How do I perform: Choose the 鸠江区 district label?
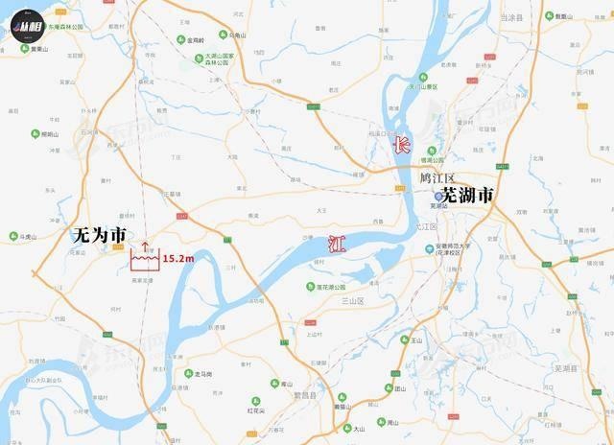click(437, 178)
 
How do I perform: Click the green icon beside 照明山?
click(34, 134)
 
